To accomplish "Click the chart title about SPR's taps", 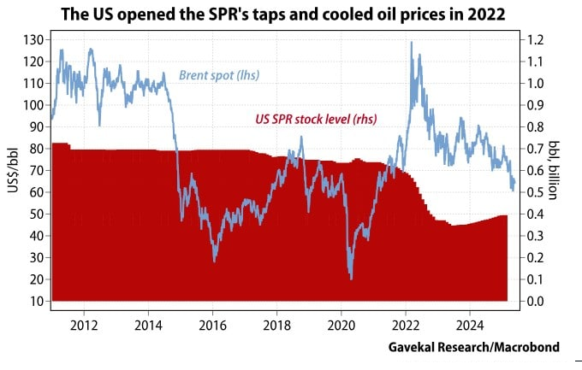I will (291, 14).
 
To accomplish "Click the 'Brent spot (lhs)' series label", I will (221, 76).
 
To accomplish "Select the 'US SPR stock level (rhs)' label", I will (317, 120).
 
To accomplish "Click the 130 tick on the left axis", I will (34, 40).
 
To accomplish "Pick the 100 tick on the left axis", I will (34, 105).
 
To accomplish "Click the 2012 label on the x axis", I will (84, 325).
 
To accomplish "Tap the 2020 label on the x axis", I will (341, 325).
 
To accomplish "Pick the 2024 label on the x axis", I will (469, 325).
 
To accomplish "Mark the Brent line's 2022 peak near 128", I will (413, 43).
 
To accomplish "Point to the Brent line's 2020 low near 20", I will (351, 278).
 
